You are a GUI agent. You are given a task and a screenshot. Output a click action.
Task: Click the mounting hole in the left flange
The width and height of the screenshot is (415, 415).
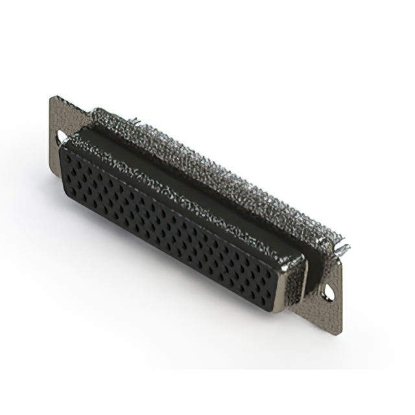point(62,138)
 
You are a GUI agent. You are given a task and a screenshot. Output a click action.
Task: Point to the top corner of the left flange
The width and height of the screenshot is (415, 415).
point(51,97)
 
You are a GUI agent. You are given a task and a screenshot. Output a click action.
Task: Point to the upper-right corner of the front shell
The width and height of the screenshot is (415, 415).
point(301,255)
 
